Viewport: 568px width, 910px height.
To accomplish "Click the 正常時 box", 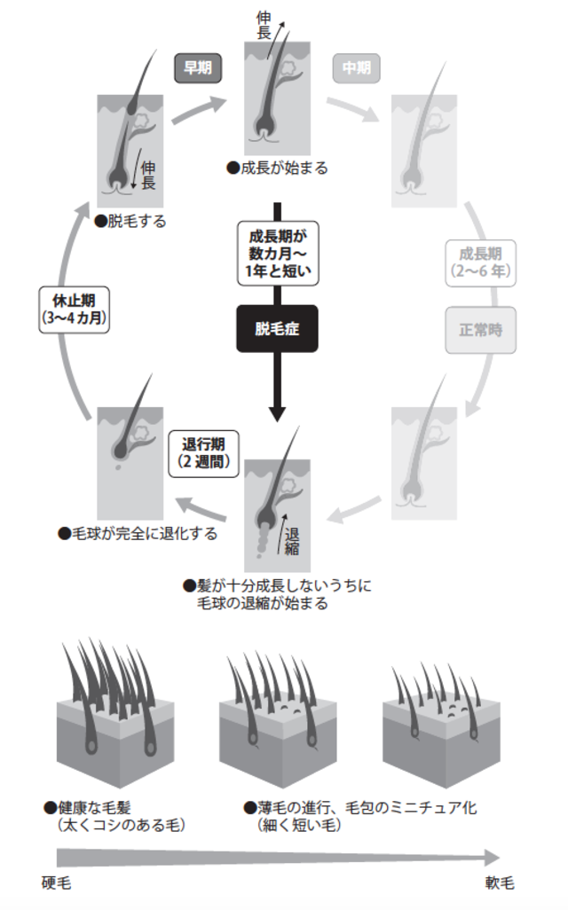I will pyautogui.click(x=480, y=329).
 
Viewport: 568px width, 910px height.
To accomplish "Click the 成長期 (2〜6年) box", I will pyautogui.click(x=480, y=262).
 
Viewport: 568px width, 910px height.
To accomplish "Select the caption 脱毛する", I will pyautogui.click(x=135, y=221).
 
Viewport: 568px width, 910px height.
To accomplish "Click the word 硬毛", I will pyautogui.click(x=56, y=883).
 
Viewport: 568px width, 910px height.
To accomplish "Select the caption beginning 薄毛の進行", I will pyautogui.click(x=364, y=808).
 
